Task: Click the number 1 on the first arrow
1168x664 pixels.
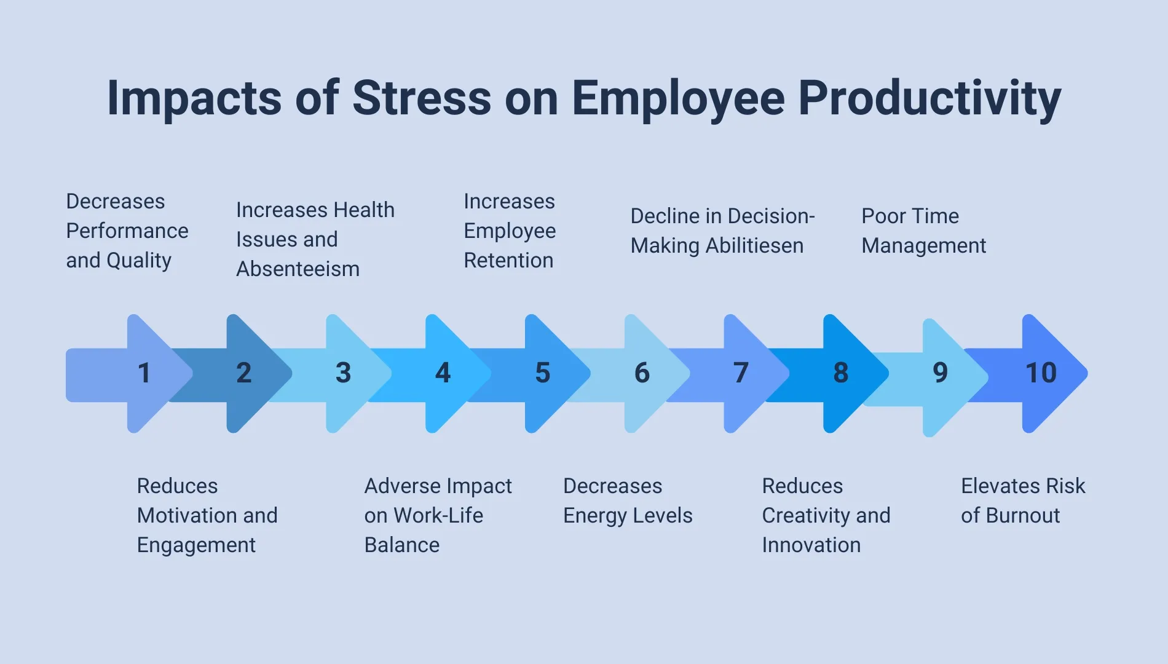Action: click(144, 373)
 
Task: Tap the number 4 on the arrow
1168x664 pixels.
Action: click(443, 373)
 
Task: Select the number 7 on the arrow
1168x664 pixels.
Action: click(741, 373)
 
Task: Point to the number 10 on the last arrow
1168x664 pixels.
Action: click(1041, 373)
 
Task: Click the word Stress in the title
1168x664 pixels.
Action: click(422, 98)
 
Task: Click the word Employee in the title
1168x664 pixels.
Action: click(678, 98)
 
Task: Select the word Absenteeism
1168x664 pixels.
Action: click(298, 269)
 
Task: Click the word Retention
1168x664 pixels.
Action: click(508, 261)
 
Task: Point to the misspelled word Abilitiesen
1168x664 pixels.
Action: click(754, 246)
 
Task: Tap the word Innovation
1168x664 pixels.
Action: click(811, 545)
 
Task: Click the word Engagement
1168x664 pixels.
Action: click(196, 545)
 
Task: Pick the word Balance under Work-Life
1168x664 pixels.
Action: click(401, 545)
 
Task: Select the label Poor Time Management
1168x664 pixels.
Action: click(923, 231)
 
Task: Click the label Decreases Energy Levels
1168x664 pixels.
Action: click(627, 501)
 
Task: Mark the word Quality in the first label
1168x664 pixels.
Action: click(139, 261)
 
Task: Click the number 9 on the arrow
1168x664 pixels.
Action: click(940, 373)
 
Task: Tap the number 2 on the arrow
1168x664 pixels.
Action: click(243, 373)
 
